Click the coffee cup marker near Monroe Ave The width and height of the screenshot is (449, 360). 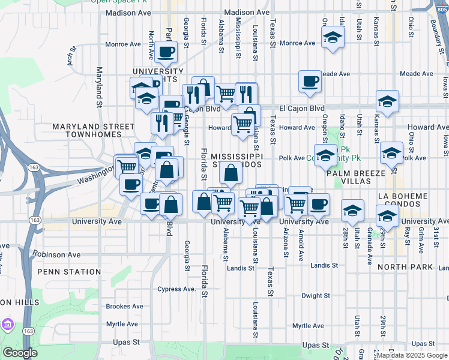(166, 52)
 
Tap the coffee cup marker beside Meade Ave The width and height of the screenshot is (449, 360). (310, 82)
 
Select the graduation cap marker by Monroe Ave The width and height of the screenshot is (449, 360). (332, 38)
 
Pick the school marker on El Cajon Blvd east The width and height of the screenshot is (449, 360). (387, 101)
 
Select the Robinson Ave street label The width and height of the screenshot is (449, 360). (56, 254)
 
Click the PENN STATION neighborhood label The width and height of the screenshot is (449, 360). (69, 272)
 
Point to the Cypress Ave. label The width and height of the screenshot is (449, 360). (176, 289)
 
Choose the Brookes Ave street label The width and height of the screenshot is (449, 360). (122, 306)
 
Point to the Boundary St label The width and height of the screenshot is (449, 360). (433, 24)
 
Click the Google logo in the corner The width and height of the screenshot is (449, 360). (20, 353)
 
